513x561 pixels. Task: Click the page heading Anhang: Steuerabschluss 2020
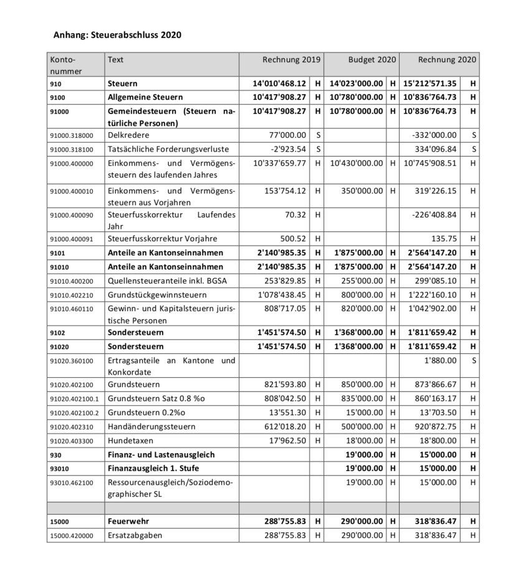coord(117,35)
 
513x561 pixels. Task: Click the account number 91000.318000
coord(72,135)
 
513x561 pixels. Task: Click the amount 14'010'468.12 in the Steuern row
coord(279,83)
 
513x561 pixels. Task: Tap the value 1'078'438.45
coord(282,294)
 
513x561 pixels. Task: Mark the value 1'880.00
coord(439,360)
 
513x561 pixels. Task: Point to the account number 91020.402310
coord(72,426)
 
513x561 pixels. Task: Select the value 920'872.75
coord(434,426)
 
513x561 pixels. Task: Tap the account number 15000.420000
coord(72,535)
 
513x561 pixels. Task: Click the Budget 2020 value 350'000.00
coord(362,191)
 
